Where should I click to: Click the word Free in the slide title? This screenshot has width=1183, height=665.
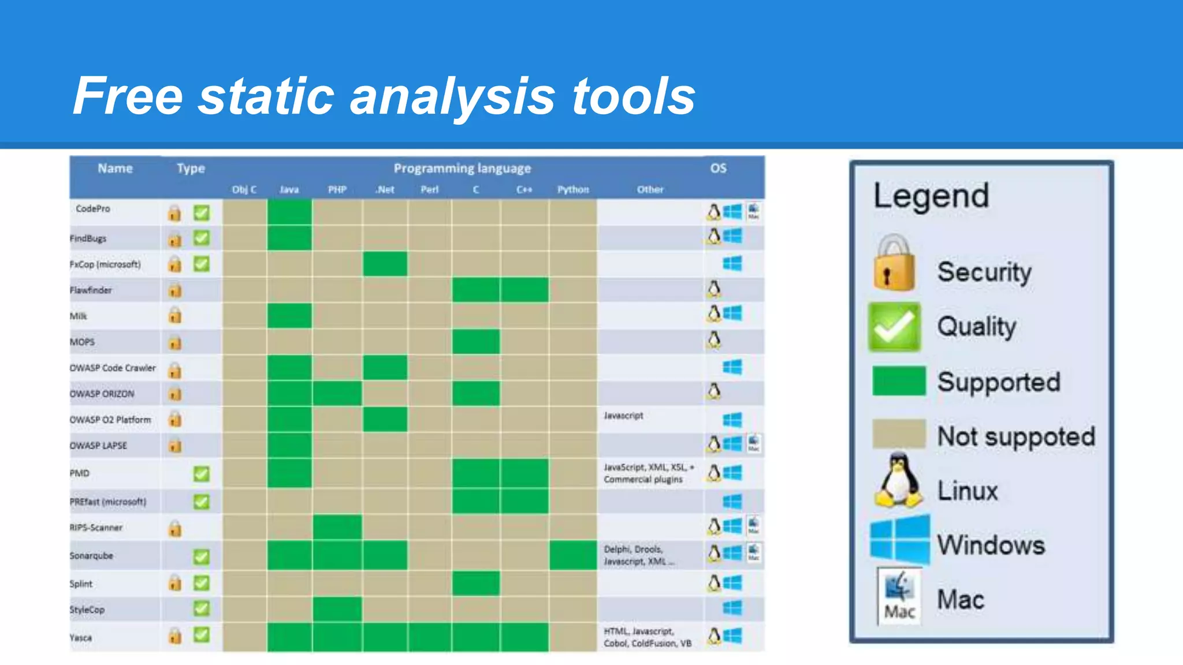[128, 96]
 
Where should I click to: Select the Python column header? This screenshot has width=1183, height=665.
[572, 189]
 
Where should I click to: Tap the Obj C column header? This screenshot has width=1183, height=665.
[244, 189]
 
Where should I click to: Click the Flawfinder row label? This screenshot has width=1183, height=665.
[91, 290]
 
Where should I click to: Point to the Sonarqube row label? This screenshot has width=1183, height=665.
[91, 555]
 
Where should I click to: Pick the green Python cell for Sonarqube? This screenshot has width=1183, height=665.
[572, 555]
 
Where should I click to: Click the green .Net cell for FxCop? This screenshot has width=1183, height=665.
[385, 264]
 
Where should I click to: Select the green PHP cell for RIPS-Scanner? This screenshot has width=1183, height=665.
[337, 527]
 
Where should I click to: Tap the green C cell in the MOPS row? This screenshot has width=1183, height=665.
[475, 342]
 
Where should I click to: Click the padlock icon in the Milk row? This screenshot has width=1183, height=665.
[174, 315]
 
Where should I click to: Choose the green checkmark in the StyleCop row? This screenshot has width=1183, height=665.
[201, 608]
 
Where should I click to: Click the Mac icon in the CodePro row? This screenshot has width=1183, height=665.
[753, 211]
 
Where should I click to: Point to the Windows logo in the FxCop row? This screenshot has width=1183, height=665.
[732, 264]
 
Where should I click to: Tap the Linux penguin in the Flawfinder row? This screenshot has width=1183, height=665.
[714, 289]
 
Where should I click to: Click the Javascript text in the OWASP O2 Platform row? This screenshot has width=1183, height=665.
[623, 416]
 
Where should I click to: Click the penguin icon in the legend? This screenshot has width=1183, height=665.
[898, 481]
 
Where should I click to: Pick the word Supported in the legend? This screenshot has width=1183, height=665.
[999, 382]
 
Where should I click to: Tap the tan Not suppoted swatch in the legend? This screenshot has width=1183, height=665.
[898, 434]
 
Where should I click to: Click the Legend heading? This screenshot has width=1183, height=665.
[931, 196]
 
